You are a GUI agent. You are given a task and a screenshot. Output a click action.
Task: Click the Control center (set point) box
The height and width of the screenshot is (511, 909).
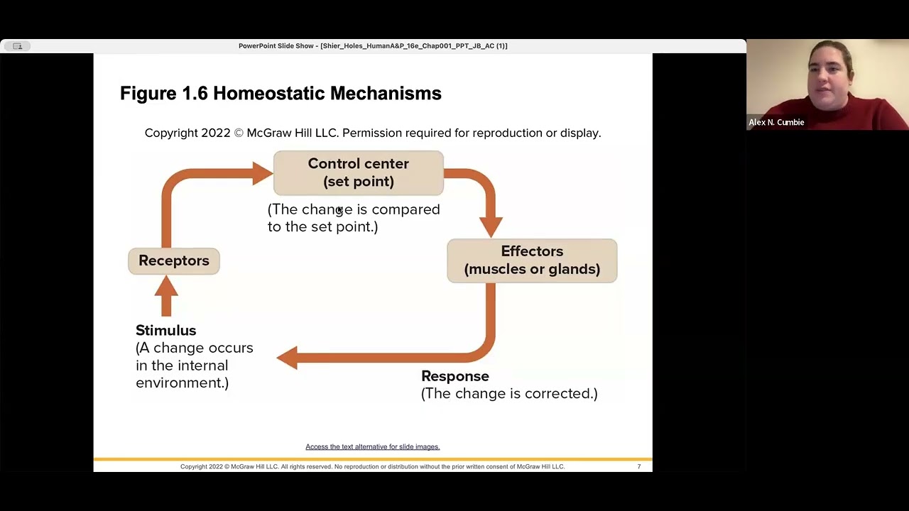358,172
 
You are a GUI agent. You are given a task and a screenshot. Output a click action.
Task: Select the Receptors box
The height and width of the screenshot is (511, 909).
174,260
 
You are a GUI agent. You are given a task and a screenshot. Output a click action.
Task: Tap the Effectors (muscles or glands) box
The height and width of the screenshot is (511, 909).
532,260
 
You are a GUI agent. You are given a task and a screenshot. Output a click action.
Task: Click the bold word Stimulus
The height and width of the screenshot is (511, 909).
165,331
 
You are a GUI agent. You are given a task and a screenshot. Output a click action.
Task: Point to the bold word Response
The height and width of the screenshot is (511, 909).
455,376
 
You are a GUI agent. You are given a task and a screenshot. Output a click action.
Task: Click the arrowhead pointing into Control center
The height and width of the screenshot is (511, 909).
262,173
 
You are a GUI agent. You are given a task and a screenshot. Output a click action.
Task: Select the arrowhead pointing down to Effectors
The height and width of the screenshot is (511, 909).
491,225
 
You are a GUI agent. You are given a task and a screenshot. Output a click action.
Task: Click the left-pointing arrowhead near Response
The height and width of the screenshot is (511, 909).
288,358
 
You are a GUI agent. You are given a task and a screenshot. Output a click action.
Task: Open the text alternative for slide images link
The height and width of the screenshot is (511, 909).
373,446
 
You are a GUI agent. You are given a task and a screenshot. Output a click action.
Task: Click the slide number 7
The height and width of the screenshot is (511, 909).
639,466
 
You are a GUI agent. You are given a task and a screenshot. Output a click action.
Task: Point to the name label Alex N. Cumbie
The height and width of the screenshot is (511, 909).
776,122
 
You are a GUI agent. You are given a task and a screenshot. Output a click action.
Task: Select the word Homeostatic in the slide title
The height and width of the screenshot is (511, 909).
269,93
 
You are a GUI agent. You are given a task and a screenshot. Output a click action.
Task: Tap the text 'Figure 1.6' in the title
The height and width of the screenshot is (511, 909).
163,93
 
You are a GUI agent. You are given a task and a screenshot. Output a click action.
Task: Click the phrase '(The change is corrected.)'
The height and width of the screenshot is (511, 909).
509,393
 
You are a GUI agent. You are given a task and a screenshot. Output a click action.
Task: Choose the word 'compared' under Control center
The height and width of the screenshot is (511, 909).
405,209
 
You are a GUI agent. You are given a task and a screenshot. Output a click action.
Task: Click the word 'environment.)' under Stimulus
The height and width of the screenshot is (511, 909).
182,383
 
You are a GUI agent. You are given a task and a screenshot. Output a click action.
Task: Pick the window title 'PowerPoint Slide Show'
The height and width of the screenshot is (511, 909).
276,46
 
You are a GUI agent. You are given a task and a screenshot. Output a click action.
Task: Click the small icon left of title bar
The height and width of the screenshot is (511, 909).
17,46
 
